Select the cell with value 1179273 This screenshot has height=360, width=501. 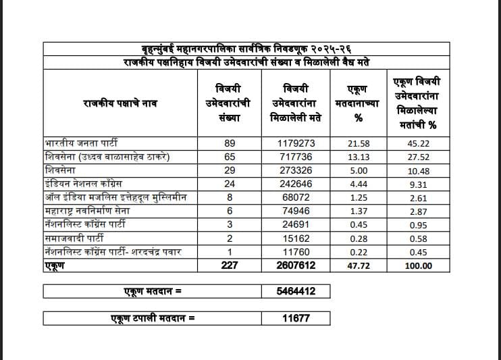(x=296, y=143)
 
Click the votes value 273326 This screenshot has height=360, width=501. (x=296, y=170)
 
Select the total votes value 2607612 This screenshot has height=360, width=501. (x=296, y=266)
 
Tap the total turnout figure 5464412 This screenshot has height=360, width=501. (x=296, y=291)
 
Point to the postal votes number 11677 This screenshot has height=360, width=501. (x=296, y=317)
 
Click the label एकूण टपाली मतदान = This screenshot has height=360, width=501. (x=153, y=317)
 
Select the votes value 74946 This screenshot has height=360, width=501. (x=296, y=211)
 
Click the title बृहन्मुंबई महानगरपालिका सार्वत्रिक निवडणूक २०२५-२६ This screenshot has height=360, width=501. (x=246, y=49)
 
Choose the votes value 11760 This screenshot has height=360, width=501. (x=296, y=252)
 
